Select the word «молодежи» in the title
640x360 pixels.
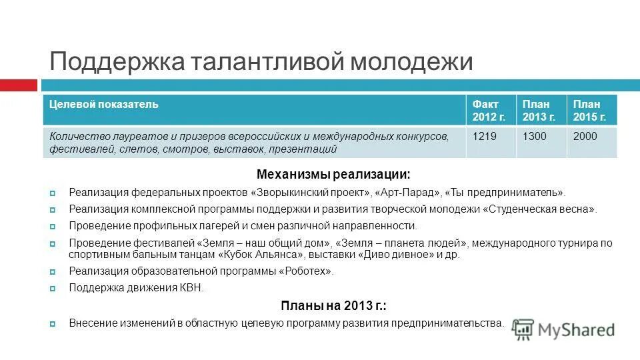[x=412, y=62]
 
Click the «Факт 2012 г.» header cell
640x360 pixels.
[x=489, y=110]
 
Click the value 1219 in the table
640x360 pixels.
[x=485, y=137]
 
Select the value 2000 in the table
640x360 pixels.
[x=585, y=137]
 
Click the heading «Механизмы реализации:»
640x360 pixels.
[x=333, y=175]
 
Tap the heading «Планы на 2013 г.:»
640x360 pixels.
[x=333, y=306]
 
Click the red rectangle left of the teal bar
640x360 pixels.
[x=18, y=85]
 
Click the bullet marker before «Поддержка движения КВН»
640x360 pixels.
[x=53, y=288]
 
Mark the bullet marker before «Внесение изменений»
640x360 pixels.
[x=53, y=323]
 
